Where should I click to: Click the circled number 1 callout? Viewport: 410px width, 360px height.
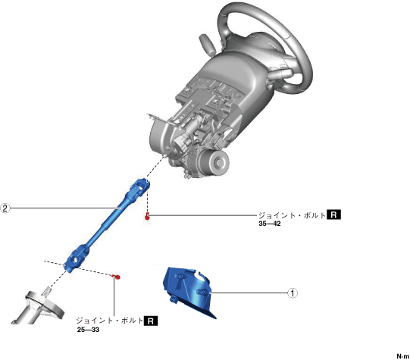293,293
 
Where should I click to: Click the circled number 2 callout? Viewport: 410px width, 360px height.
5,208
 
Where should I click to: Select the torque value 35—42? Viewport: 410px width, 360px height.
270,224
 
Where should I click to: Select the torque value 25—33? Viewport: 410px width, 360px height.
88,330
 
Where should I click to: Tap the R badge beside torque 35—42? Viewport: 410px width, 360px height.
334,215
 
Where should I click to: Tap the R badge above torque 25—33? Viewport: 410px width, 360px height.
151,321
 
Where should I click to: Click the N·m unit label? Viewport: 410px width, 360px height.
403,356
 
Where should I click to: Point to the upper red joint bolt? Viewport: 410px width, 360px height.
147,217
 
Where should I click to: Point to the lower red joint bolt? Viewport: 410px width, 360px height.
117,277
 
